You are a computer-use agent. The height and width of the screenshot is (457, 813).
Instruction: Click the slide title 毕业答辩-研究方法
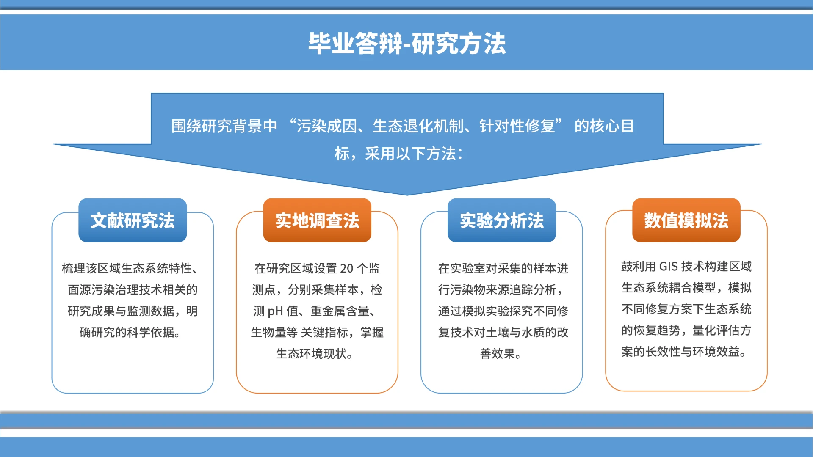(x=406, y=43)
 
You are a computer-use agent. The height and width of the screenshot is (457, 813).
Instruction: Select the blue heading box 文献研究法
(x=133, y=220)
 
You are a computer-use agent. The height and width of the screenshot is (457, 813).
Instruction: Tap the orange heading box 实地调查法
(x=317, y=220)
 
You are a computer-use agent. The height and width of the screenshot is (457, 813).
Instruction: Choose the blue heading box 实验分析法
(x=502, y=220)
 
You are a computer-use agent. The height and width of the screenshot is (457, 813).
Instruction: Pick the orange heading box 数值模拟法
(x=686, y=220)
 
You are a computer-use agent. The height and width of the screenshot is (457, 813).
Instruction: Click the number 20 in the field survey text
(x=346, y=268)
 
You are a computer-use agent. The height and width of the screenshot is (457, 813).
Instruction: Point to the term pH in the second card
(x=275, y=311)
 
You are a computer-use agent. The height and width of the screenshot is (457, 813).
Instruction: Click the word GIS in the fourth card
(x=669, y=266)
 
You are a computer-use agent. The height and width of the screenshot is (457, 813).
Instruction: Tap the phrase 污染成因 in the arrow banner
(x=326, y=126)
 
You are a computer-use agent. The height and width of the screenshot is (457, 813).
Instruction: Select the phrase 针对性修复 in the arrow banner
(x=517, y=126)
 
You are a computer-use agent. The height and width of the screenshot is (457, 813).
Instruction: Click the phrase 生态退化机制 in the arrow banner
(x=418, y=126)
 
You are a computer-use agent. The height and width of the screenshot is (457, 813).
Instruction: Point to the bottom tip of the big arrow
(x=407, y=194)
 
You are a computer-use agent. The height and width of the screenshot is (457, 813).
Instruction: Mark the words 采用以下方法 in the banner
(x=410, y=154)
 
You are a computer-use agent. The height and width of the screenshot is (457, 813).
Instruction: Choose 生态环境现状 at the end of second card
(x=311, y=353)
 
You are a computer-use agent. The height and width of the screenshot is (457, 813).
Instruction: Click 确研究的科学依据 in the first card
(x=127, y=332)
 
